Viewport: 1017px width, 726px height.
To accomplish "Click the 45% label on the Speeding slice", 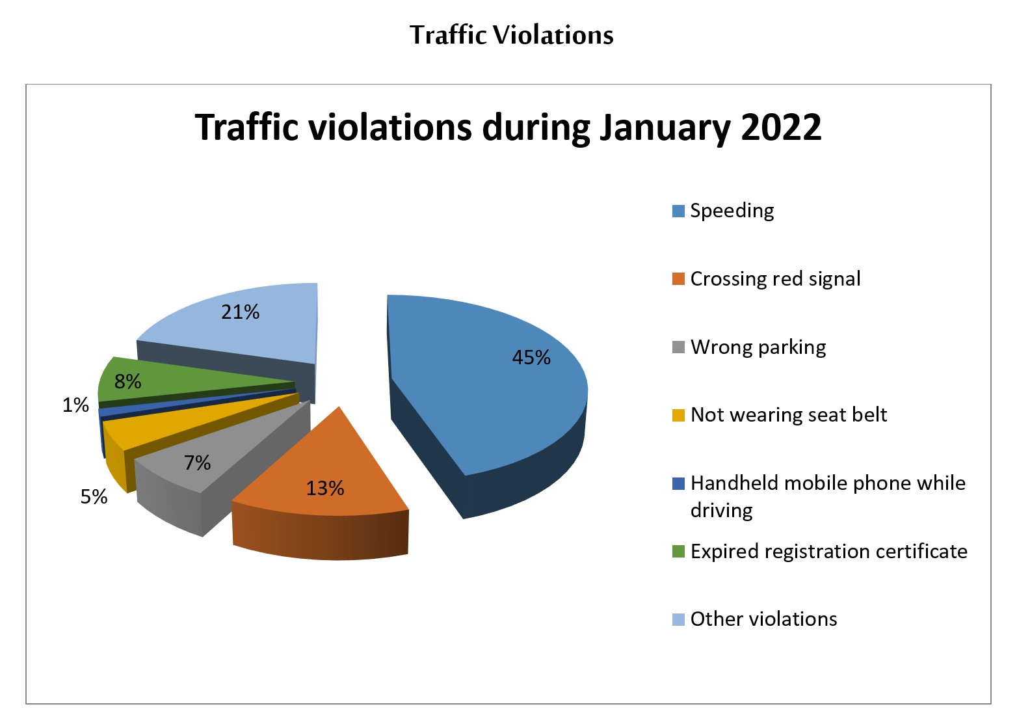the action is click(x=531, y=357).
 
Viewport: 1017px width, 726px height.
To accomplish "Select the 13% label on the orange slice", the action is click(x=325, y=489).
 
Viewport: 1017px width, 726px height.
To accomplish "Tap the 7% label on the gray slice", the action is click(x=198, y=463).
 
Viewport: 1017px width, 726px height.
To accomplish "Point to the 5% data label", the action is click(x=94, y=496).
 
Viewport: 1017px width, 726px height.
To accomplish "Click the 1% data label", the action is click(x=75, y=405).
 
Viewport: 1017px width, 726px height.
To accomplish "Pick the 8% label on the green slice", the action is click(x=128, y=381).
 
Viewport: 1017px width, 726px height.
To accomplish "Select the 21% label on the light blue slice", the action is click(x=240, y=312).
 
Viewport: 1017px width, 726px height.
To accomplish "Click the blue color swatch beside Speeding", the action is click(x=678, y=211).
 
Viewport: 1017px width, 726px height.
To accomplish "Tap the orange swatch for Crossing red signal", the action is click(x=678, y=279).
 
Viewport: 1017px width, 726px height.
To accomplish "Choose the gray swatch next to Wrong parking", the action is click(x=678, y=347).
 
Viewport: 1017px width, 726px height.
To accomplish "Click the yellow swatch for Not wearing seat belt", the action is click(x=678, y=415).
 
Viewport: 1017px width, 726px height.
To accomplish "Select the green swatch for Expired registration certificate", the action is click(x=678, y=552).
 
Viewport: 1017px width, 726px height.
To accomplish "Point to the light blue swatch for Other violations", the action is click(x=678, y=620).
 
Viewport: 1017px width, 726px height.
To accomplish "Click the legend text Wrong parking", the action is click(x=758, y=347).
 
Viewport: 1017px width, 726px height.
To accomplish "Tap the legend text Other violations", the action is click(x=763, y=619).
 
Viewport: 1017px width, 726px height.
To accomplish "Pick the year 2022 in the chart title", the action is click(x=781, y=128).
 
